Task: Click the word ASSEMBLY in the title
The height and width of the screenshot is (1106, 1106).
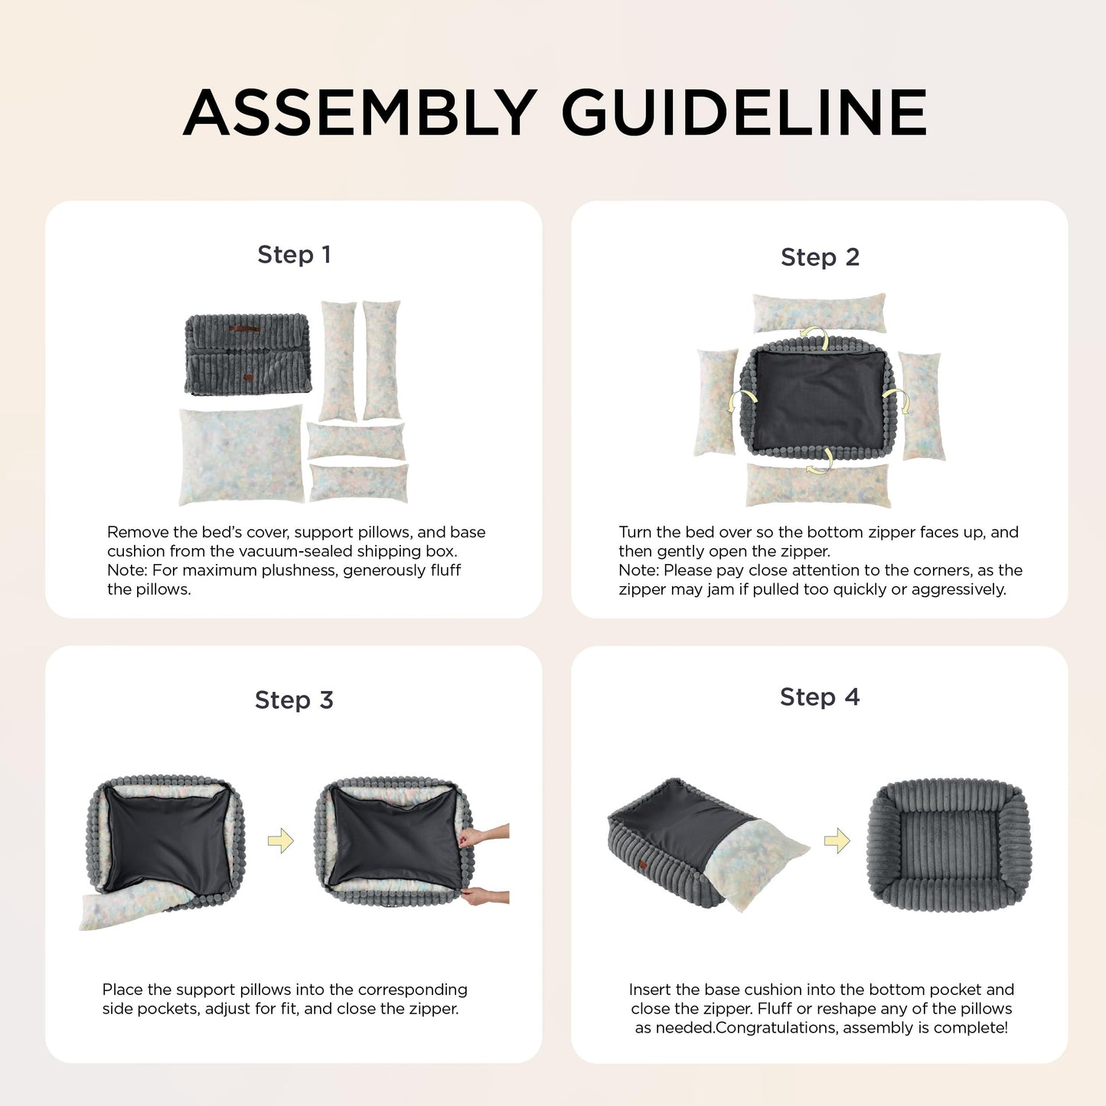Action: coord(360,113)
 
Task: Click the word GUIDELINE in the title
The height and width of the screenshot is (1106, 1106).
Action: coord(745,113)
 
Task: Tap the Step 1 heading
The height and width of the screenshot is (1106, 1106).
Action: coord(294,255)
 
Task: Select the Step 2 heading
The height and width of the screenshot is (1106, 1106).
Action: coord(820,257)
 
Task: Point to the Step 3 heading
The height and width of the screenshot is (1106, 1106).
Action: coord(294,700)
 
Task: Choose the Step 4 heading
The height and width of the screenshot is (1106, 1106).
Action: coord(820,697)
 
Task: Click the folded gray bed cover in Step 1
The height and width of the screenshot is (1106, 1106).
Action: coord(248,354)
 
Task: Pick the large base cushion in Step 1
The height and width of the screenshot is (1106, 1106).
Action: coord(241,455)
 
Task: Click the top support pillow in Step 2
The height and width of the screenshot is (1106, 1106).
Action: coord(819,313)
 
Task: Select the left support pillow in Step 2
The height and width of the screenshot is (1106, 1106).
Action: coord(716,403)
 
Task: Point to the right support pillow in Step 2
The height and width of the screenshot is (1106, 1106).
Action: coord(922,406)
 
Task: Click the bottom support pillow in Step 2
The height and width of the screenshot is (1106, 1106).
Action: coord(818,485)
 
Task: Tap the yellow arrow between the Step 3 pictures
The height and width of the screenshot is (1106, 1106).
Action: coord(281,841)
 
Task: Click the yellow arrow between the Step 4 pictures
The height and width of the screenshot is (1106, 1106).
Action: coord(837,841)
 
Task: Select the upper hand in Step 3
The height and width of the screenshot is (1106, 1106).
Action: coord(483,835)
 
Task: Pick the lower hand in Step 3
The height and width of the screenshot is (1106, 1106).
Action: coord(485,896)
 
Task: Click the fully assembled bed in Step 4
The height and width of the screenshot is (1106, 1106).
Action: coord(949,843)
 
